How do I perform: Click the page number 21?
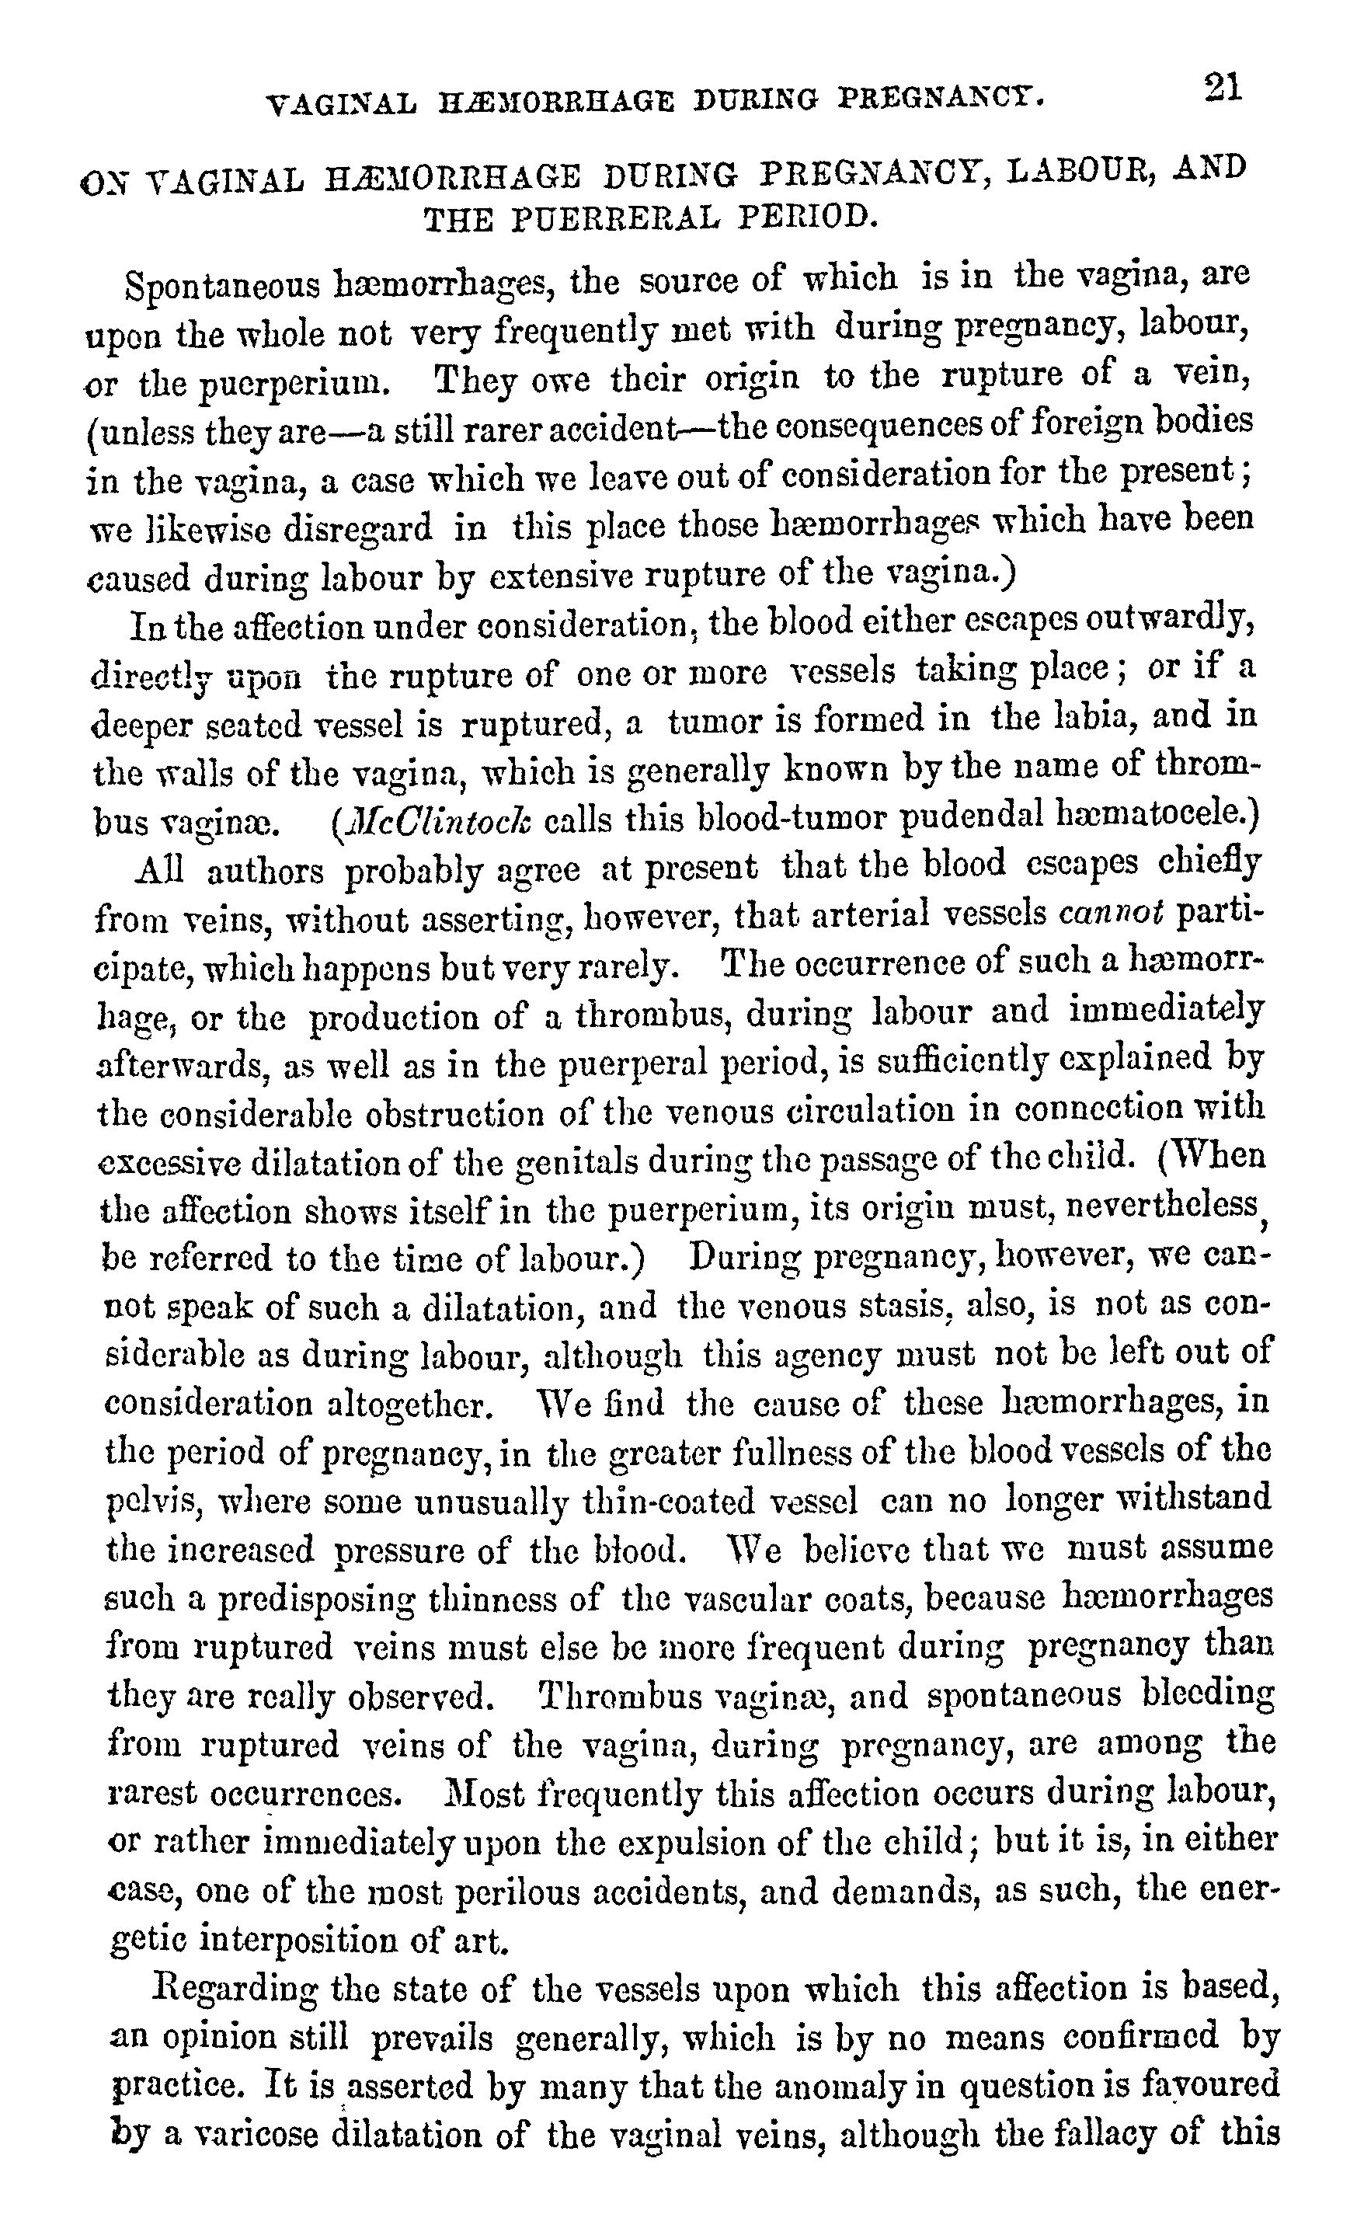1223,88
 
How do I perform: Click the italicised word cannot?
1111,916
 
